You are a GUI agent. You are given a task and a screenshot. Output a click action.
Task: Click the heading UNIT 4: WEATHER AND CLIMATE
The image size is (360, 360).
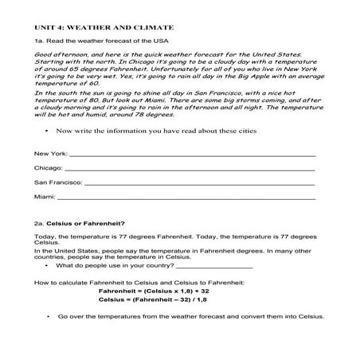[99, 26]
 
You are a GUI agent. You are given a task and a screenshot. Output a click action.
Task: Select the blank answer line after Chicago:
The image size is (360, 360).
[187, 168]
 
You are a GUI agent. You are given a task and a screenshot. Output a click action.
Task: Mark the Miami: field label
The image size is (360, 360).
[43, 197]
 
